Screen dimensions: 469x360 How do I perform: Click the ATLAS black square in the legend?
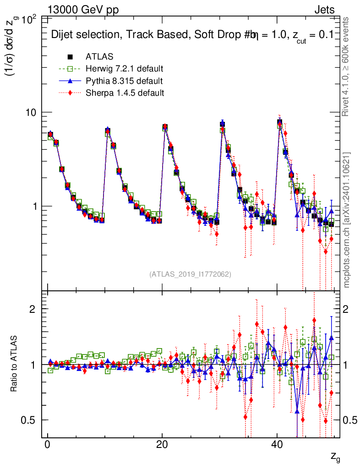click(x=70, y=57)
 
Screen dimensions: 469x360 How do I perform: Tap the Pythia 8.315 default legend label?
click(x=124, y=81)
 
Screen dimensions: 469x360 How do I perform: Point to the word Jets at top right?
click(x=324, y=10)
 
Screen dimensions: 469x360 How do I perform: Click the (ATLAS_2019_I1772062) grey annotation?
click(x=190, y=274)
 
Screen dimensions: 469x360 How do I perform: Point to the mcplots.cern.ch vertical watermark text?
click(x=347, y=220)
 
